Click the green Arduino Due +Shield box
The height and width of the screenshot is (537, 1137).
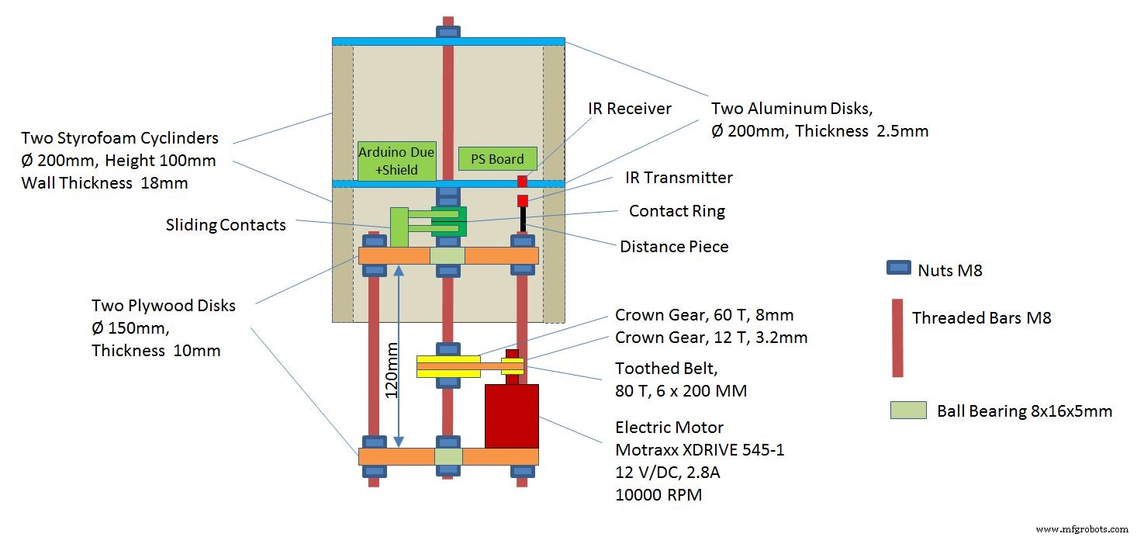[396, 161]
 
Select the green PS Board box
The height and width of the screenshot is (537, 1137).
[497, 158]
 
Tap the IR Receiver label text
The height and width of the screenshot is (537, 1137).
[630, 108]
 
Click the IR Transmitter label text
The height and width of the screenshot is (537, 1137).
[679, 178]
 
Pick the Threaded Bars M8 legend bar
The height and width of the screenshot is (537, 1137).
[897, 338]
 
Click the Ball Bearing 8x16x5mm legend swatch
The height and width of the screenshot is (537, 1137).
[908, 410]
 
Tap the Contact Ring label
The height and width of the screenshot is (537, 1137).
[676, 211]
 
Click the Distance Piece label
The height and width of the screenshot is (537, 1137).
[674, 247]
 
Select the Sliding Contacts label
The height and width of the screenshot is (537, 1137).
[226, 225]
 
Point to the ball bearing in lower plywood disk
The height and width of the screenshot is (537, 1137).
[448, 456]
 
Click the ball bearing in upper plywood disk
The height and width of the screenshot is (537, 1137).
[448, 255]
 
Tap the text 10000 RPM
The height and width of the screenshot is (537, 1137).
[658, 494]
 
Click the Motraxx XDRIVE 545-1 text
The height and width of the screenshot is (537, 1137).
[700, 449]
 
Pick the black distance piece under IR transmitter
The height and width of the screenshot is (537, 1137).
[523, 218]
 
